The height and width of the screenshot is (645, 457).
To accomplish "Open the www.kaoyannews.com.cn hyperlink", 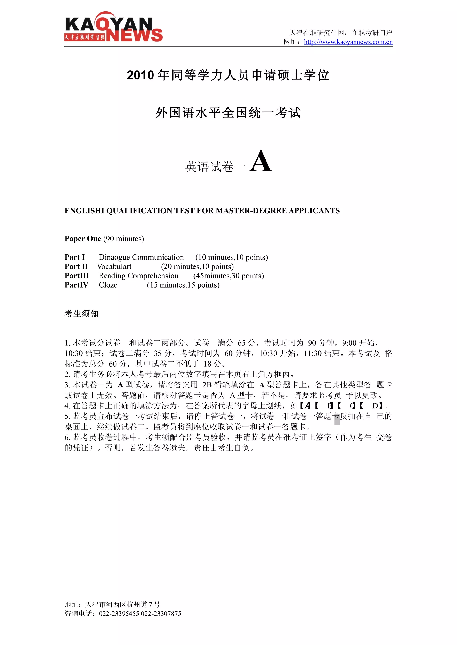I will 348,42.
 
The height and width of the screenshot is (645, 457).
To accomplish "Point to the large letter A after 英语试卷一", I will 261,161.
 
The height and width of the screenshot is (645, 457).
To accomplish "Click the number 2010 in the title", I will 140,75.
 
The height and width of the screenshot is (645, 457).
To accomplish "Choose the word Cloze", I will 108,285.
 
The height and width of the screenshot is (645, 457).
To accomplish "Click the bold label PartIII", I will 77,276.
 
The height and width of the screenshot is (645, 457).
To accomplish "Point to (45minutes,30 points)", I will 228,276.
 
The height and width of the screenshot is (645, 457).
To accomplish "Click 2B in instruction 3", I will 207,385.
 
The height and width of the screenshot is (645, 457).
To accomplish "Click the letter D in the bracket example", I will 375,406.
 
